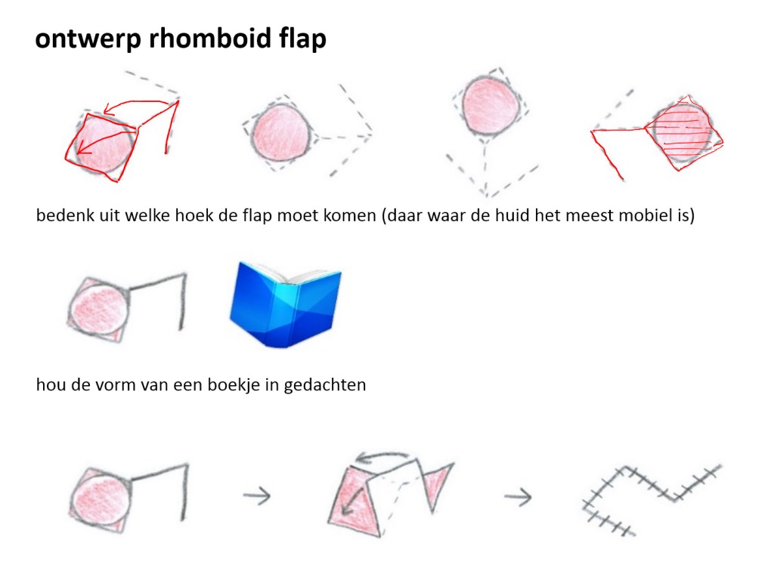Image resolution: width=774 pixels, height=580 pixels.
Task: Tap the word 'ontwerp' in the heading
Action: click(x=88, y=39)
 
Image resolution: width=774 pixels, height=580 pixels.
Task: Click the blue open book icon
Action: click(x=285, y=304)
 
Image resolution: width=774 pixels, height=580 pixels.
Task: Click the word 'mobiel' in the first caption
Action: click(x=642, y=215)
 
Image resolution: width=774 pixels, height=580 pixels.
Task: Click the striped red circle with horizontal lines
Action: click(x=683, y=132)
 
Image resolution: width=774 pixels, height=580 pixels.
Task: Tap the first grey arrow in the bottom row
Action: click(x=257, y=495)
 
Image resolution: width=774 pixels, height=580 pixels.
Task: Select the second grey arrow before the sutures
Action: click(x=518, y=497)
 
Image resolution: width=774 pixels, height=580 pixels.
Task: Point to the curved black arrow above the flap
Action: click(x=382, y=457)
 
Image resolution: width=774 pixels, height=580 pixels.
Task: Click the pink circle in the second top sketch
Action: click(x=281, y=132)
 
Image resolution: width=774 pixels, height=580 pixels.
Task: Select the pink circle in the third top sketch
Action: click(x=491, y=106)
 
